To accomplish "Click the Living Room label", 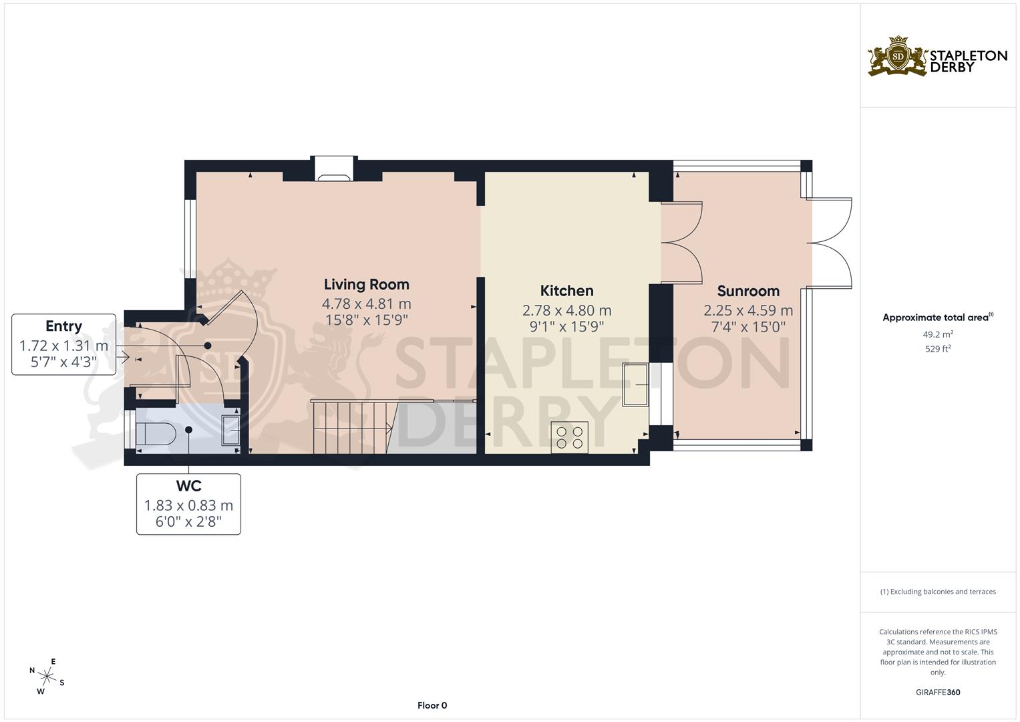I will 366,284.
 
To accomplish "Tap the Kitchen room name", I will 566,291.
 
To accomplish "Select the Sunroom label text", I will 748,291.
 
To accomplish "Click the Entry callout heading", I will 63,326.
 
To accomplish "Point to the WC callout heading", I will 188,486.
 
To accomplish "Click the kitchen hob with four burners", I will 569,437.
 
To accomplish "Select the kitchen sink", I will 635,384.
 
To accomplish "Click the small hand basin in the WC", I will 232,430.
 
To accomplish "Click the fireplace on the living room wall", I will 335,170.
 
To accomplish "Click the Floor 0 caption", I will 432,705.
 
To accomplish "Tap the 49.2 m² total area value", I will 938,334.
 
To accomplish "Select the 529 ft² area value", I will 938,348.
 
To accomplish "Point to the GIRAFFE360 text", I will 938,692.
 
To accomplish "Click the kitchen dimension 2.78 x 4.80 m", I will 566,310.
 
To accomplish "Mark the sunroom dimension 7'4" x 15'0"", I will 748,327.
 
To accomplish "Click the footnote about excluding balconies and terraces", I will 938,592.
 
